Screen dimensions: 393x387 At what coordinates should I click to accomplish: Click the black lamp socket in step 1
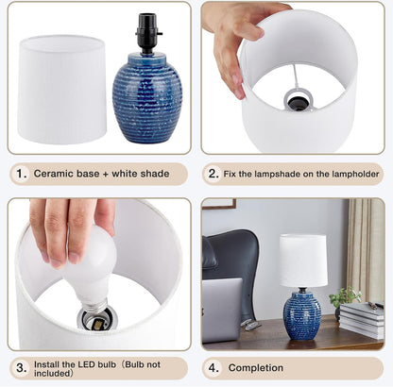pyautogui.click(x=148, y=33)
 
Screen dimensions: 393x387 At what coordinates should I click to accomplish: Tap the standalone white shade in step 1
pyautogui.click(x=62, y=90)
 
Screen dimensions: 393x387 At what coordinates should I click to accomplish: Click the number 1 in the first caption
pyautogui.click(x=21, y=174)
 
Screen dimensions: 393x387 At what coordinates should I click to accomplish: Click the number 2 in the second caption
pyautogui.click(x=214, y=174)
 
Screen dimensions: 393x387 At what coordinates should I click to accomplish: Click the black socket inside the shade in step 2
pyautogui.click(x=298, y=103)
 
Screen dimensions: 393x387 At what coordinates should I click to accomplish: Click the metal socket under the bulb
pyautogui.click(x=97, y=319)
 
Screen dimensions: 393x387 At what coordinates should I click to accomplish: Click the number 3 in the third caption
pyautogui.click(x=21, y=368)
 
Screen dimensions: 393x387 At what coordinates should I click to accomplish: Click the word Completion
pyautogui.click(x=256, y=367)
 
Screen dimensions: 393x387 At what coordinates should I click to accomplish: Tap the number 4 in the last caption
pyautogui.click(x=214, y=367)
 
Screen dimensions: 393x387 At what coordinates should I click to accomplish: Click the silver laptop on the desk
pyautogui.click(x=222, y=310)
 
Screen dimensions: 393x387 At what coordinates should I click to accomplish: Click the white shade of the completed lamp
pyautogui.click(x=303, y=261)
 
